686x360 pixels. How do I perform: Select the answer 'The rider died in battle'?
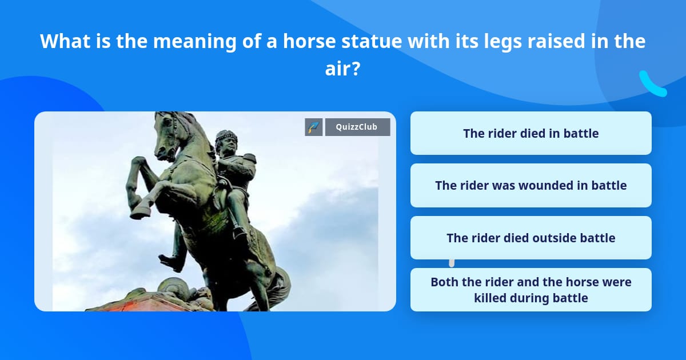531,133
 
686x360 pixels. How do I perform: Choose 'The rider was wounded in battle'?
531,185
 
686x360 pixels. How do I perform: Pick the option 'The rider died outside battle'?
531,238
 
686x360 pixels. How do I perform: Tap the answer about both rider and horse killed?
531,290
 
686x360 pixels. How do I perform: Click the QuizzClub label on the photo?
357,127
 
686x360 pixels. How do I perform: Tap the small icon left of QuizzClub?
314,127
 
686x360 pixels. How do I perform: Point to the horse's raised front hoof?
140,211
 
